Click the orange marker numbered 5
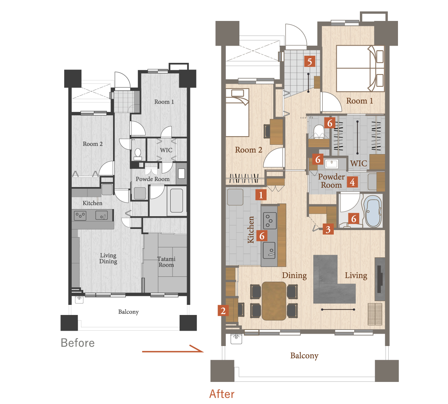[309, 61]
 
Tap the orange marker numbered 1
[261, 195]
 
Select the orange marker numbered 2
[223, 310]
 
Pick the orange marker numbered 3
[328, 229]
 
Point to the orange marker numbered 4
[352, 182]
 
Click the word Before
[78, 343]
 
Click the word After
[222, 394]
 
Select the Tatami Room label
[166, 262]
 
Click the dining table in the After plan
[274, 301]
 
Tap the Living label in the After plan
[356, 276]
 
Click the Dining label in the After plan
[294, 276]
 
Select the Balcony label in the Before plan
[128, 312]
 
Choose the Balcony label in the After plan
[304, 356]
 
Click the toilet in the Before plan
[138, 154]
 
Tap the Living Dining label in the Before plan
[108, 258]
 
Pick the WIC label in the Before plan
[166, 150]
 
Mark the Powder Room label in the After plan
[332, 181]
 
